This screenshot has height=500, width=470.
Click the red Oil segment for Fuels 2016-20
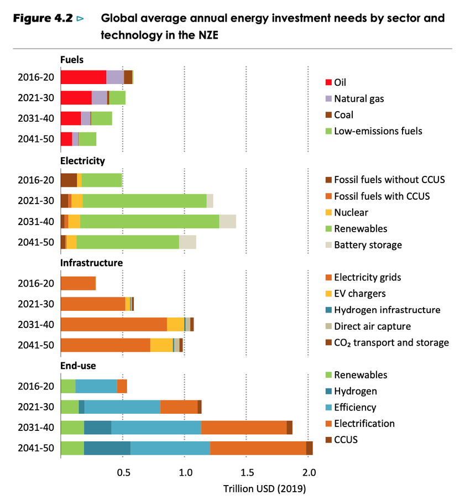83,77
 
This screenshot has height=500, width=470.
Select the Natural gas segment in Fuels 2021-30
99,98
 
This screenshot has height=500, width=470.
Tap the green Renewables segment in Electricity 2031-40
149,221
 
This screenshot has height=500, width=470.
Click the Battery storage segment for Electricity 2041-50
187,242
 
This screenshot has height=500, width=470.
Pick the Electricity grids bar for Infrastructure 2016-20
77,283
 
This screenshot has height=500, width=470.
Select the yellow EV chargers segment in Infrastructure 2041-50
161,345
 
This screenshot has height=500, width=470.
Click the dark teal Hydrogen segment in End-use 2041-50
107,447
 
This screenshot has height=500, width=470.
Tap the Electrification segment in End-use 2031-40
243,427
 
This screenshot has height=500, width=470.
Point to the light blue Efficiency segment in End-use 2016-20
96,386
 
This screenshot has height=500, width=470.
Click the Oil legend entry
340,82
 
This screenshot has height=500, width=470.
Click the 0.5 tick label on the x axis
124,472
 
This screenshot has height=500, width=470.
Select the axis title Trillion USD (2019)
264,489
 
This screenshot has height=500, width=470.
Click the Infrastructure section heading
91,263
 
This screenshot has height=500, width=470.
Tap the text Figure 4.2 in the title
43,18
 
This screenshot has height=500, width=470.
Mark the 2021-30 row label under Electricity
36,200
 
